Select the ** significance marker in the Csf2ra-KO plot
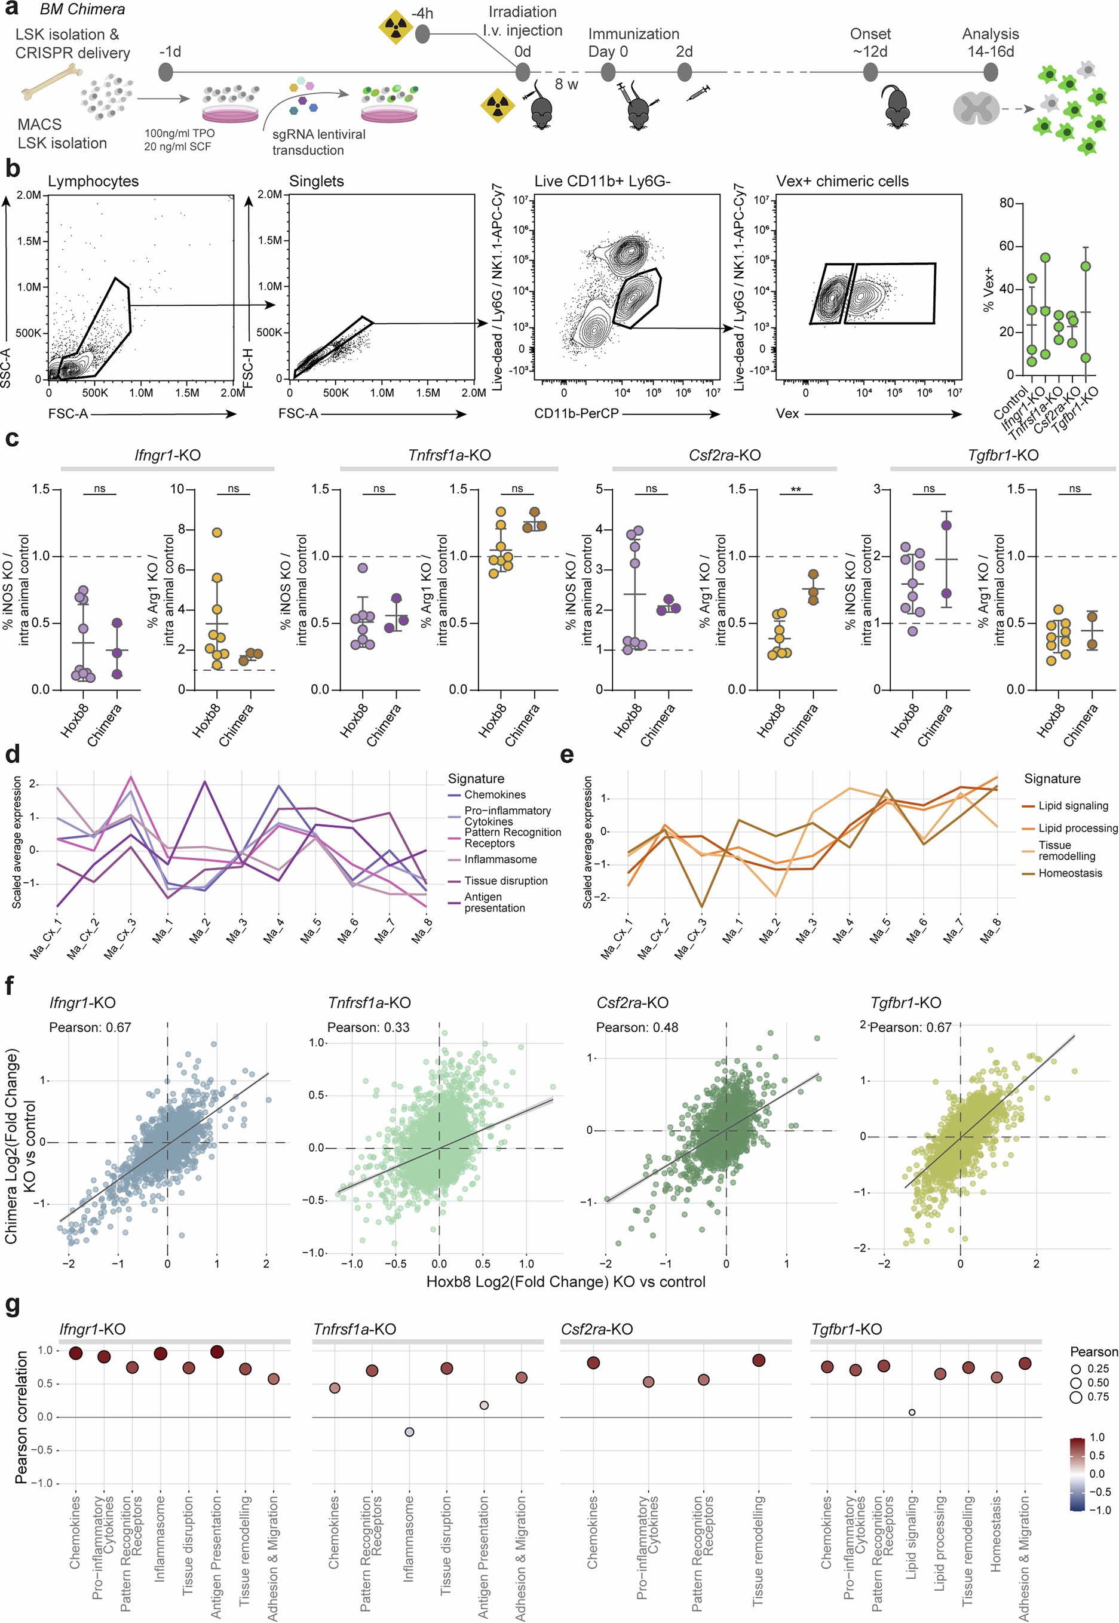point(795,489)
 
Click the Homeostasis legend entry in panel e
point(1070,873)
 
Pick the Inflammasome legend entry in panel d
point(500,859)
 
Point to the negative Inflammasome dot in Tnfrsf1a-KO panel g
point(409,1432)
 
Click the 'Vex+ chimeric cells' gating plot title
point(841,181)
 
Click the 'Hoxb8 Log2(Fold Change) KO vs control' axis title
point(565,1281)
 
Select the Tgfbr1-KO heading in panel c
point(1002,455)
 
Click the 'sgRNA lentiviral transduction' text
point(318,142)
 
